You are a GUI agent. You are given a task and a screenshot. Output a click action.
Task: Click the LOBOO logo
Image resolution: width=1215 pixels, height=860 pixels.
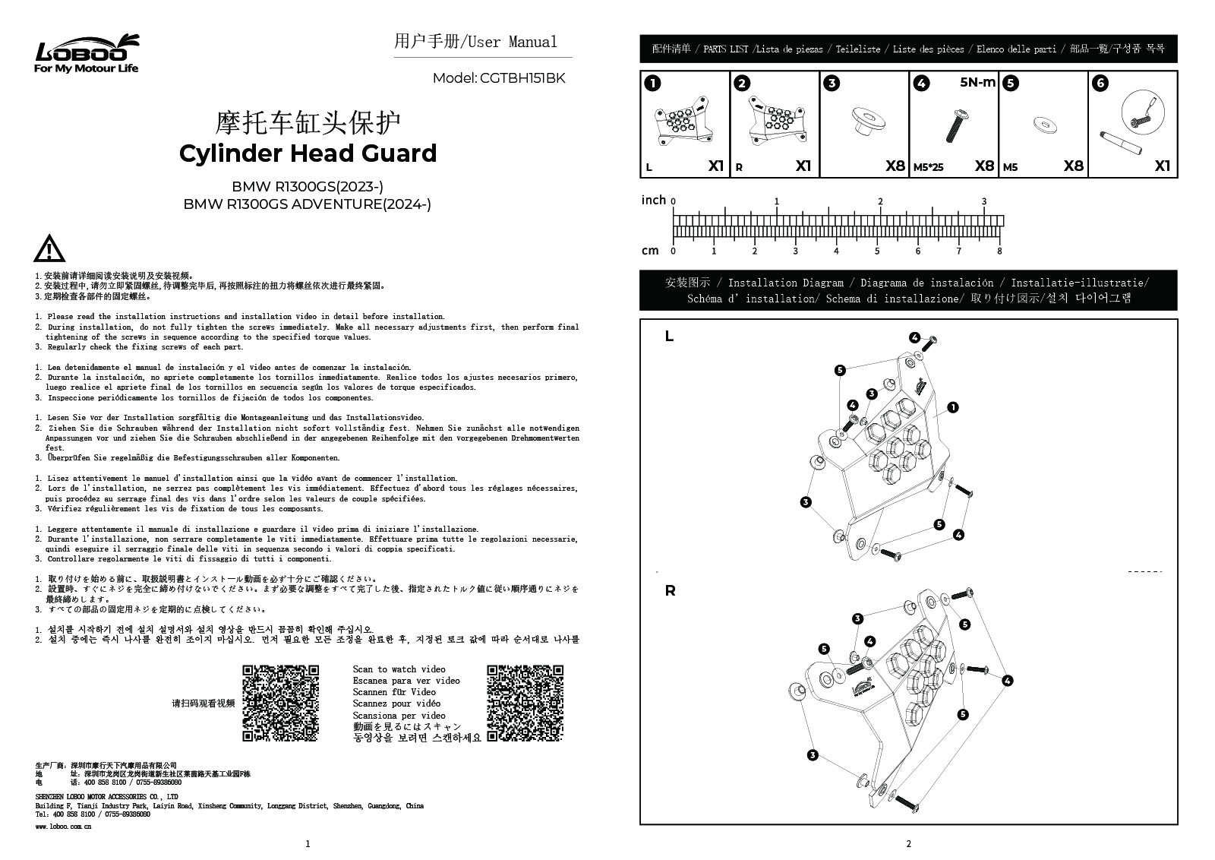pos(87,53)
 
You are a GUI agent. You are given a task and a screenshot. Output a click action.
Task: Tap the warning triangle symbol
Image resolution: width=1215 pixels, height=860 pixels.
pos(49,249)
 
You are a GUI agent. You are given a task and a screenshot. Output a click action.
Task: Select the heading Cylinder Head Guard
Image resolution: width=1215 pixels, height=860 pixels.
pos(308,153)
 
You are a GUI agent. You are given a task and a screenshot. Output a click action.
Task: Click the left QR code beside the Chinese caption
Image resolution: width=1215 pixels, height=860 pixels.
pos(280,703)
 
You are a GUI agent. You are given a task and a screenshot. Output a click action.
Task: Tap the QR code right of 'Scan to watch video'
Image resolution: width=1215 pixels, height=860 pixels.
pos(525,703)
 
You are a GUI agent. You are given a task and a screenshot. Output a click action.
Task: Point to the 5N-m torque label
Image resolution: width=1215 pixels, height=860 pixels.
pos(977,83)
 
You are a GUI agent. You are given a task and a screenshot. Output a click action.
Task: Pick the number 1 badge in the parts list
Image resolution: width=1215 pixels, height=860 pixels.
pos(652,84)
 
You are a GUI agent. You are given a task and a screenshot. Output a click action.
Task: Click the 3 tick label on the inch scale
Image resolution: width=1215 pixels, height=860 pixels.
pos(984,202)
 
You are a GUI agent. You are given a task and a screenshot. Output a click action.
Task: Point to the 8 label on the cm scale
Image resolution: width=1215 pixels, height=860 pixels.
pos(999,251)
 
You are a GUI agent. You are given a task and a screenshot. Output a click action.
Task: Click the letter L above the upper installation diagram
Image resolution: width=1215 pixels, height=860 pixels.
pos(669,337)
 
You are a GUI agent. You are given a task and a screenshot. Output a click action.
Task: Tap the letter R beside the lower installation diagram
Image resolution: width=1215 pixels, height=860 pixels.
pos(670,590)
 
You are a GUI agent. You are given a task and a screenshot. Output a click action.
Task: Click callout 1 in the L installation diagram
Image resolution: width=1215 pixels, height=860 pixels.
pos(953,408)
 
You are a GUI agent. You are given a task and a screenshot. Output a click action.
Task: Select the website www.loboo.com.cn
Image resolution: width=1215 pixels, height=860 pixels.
pos(64,826)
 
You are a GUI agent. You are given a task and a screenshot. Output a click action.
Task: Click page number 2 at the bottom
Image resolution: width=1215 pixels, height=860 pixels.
pos(908,843)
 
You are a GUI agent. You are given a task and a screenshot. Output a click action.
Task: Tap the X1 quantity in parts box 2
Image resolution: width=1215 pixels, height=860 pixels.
pos(803,166)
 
